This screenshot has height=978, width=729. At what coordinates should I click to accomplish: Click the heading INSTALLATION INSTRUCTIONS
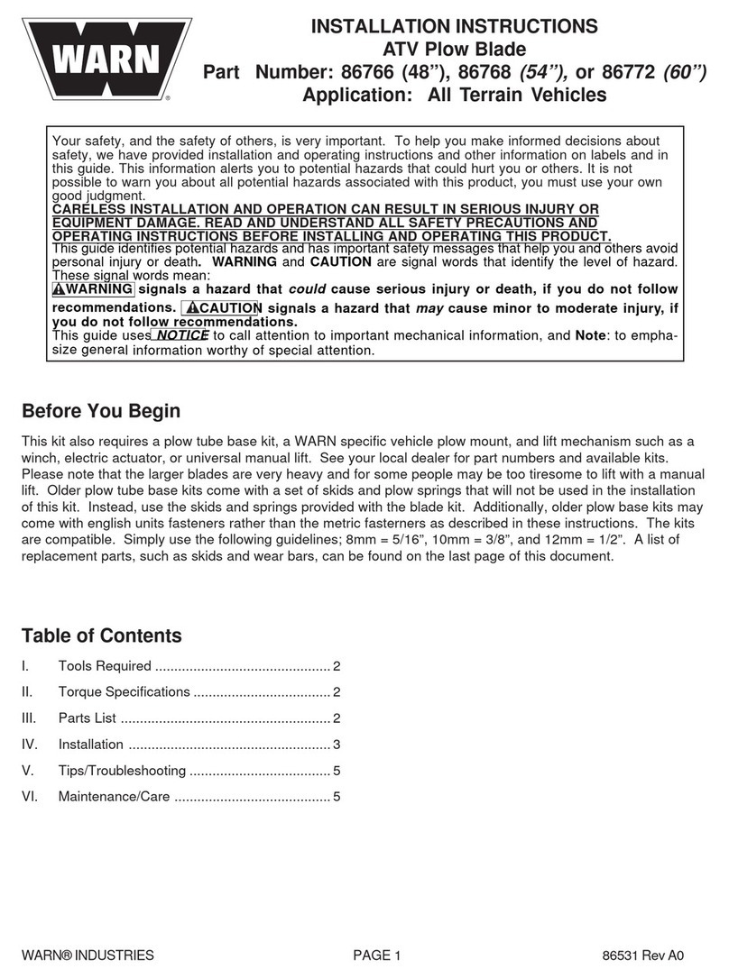(x=454, y=26)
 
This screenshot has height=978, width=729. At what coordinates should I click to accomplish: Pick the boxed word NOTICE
(x=180, y=335)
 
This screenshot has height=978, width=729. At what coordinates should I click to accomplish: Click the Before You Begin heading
(x=100, y=411)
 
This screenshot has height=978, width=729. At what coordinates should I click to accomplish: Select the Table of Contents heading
(x=101, y=635)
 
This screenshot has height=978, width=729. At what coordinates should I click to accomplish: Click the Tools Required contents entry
(x=105, y=667)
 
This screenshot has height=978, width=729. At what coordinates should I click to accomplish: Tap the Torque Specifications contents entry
(x=125, y=693)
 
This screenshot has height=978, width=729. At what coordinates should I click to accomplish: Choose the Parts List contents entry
(x=88, y=719)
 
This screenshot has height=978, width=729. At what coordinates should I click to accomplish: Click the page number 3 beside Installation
(x=336, y=745)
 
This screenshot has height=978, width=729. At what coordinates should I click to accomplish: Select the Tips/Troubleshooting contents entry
(x=122, y=771)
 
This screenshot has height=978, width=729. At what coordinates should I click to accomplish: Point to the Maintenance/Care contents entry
(x=114, y=797)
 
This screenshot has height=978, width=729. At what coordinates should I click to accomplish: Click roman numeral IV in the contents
(x=29, y=745)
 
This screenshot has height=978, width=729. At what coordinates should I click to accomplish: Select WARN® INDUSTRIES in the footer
(x=88, y=956)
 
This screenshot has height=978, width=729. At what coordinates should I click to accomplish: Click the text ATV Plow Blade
(x=454, y=49)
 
